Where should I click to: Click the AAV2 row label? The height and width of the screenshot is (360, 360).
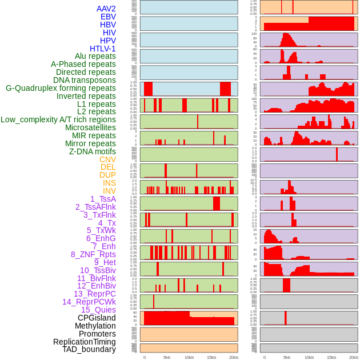point(106,9)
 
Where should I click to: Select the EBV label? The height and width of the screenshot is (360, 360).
point(108,17)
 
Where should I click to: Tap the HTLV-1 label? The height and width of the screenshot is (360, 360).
point(103,49)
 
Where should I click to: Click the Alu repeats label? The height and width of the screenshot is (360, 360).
point(95,56)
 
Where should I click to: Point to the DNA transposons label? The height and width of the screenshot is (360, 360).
point(85,80)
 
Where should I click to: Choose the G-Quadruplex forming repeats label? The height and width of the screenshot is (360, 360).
point(61,88)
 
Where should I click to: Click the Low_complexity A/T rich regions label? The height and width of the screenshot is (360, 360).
point(58,119)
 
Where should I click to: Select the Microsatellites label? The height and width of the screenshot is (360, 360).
point(90,127)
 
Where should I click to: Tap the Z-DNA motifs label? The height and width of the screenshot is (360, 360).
point(93,151)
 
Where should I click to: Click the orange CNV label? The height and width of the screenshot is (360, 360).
point(107,159)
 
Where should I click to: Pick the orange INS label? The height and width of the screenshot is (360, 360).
point(109,183)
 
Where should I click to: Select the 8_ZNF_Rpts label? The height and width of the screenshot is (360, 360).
point(93,254)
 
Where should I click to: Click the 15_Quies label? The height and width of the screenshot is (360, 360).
point(98,310)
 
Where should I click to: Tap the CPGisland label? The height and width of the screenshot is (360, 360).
point(97,318)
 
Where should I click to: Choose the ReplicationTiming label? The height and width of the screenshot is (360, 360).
point(84,342)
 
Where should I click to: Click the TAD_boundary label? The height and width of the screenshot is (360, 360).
point(89,349)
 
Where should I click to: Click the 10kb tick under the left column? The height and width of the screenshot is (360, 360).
point(189,357)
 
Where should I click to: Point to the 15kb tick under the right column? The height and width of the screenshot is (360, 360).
point(331,357)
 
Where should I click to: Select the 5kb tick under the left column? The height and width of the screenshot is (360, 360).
point(167,357)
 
